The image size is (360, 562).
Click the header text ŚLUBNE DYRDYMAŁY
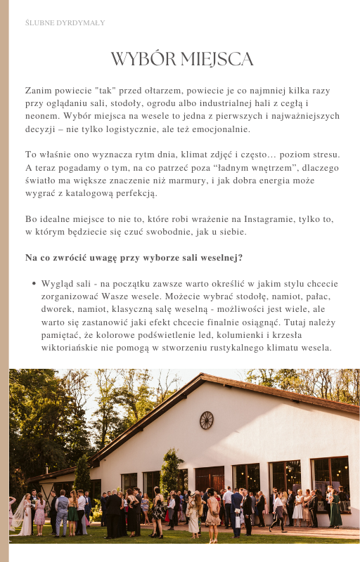tap(65, 23)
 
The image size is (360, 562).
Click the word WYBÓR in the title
tap(143, 59)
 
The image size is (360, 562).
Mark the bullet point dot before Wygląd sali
tap(34, 284)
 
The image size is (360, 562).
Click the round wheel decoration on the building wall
tap(206, 420)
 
